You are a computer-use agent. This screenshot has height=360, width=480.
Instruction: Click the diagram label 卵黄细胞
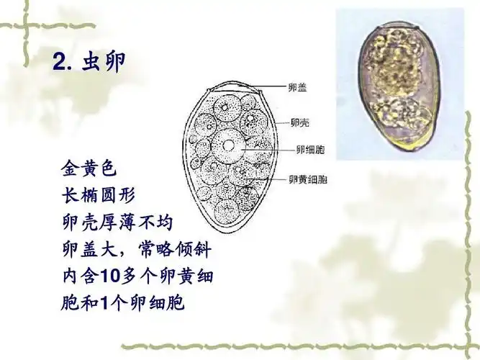pyautogui.click(x=308, y=179)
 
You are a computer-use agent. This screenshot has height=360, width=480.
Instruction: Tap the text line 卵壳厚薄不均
pyautogui.click(x=117, y=221)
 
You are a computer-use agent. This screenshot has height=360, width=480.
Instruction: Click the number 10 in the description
pyautogui.click(x=109, y=276)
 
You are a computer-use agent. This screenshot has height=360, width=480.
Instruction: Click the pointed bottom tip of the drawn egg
pyautogui.click(x=209, y=229)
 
